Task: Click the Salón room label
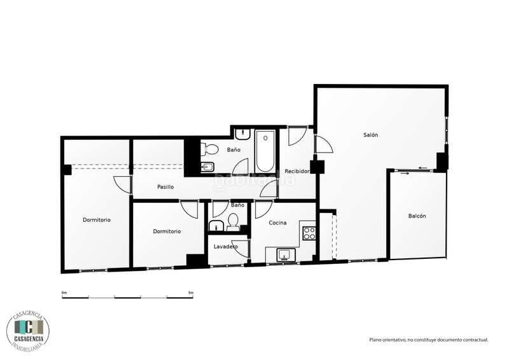pos(370,135)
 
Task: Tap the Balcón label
pos(417,216)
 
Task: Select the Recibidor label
pos(297,171)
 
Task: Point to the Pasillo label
pos(166,187)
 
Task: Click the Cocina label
pos(277,223)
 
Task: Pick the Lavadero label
pos(225,246)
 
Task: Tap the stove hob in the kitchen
pos(309,233)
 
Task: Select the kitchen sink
pos(284,255)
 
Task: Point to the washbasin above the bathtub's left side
pos(242,135)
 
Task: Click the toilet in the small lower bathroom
pos(232,221)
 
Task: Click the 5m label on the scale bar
pos(190,293)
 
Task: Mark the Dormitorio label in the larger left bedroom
pos(97,220)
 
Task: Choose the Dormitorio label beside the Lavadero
pos(167,232)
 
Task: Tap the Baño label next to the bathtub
pos(234,150)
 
